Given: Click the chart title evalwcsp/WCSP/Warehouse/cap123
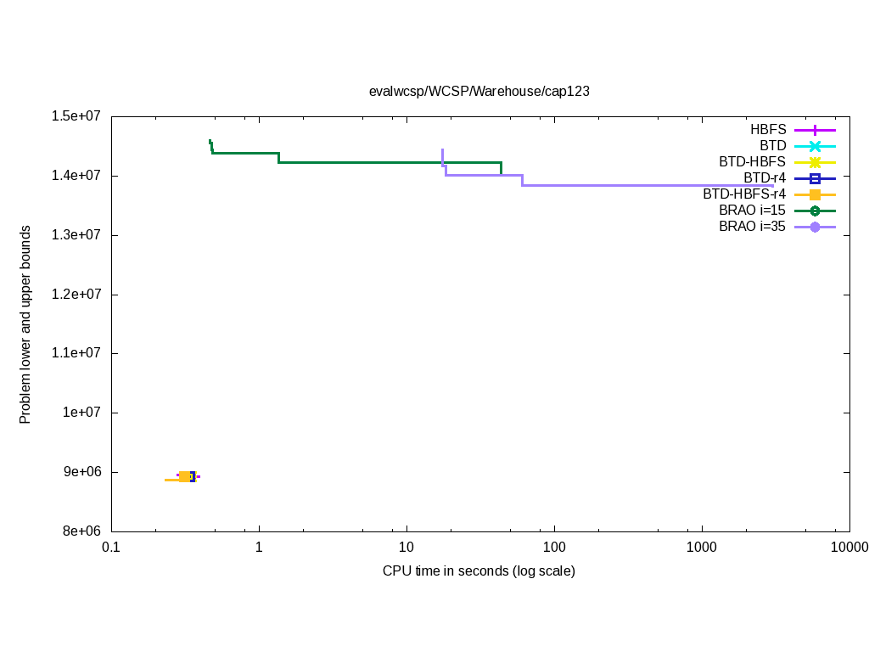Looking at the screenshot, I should [479, 91].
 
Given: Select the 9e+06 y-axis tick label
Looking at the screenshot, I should [82, 472].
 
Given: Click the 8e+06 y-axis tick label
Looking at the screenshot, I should [82, 531].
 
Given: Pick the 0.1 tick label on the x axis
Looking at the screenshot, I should [110, 548].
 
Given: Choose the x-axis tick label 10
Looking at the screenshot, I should [406, 548].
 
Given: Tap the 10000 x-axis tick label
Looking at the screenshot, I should [849, 548].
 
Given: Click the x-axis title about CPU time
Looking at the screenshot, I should [479, 570].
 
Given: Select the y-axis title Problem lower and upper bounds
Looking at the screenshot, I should [25, 324].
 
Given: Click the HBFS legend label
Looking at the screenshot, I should [768, 130].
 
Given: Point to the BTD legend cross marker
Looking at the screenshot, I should [815, 146].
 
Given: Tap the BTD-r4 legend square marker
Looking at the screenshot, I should [815, 178].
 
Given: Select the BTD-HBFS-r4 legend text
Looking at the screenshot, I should [744, 194].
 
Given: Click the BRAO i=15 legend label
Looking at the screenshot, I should [752, 211].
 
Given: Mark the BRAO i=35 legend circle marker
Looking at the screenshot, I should [815, 227].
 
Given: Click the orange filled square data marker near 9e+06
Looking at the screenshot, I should [185, 477].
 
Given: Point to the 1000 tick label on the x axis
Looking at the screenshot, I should [702, 548].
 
